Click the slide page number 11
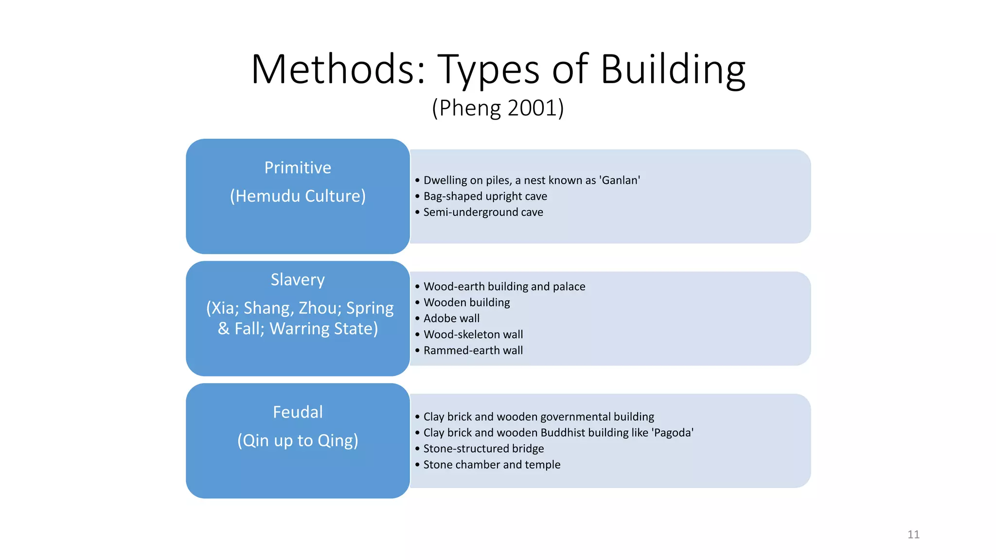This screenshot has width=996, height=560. (x=913, y=535)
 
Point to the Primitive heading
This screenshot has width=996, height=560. (x=298, y=168)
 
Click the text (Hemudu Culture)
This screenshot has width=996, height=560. (x=298, y=196)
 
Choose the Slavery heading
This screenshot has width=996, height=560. (x=298, y=280)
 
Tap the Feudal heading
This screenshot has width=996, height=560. (x=298, y=412)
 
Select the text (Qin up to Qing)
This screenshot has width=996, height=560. (x=298, y=440)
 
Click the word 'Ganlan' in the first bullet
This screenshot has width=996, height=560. (x=620, y=180)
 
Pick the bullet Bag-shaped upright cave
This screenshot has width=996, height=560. (x=485, y=196)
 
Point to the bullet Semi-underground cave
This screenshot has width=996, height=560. (x=483, y=212)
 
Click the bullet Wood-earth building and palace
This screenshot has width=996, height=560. (x=504, y=287)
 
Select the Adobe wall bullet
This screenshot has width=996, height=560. (x=451, y=318)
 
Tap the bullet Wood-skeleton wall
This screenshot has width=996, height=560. (x=473, y=334)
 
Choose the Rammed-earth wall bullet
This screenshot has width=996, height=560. (x=473, y=350)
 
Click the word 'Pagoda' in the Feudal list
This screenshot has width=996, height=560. (x=672, y=433)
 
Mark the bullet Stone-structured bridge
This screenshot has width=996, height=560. (x=483, y=449)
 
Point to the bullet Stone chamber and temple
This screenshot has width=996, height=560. (x=492, y=465)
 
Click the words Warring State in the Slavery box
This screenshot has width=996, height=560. (x=323, y=329)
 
